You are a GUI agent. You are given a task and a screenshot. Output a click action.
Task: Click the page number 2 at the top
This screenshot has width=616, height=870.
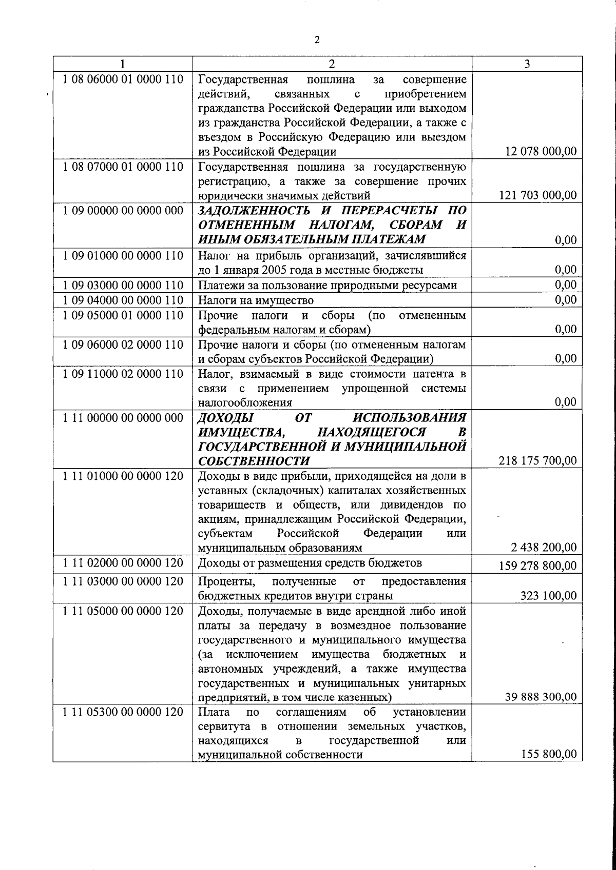(x=317, y=41)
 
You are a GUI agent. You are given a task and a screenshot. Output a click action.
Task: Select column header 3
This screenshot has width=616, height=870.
(x=527, y=64)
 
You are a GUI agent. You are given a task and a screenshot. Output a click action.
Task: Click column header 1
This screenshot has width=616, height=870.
(x=122, y=64)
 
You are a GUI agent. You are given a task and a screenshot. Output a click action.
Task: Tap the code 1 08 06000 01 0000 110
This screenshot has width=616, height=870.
(x=123, y=79)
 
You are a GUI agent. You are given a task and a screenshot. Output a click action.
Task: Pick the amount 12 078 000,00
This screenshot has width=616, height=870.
(x=541, y=152)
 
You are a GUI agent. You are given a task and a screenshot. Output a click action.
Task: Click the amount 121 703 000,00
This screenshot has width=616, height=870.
(x=537, y=195)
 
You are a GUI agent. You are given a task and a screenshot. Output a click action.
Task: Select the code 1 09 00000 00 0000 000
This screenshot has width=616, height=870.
(x=123, y=211)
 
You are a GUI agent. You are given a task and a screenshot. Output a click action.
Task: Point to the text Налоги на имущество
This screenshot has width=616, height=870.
(x=256, y=300)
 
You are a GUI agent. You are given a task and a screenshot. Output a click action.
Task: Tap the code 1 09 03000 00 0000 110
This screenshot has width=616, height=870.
(x=123, y=285)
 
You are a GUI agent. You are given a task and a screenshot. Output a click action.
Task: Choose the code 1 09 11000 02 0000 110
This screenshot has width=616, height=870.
(x=123, y=374)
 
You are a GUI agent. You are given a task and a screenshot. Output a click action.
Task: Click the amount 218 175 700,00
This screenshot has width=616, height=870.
(x=537, y=461)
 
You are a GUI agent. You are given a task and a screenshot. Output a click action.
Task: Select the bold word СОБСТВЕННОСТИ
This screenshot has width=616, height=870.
(x=254, y=460)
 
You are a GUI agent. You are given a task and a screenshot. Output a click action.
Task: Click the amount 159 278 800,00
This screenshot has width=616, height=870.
(x=537, y=566)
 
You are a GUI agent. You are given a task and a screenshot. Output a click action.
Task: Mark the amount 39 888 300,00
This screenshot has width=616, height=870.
(x=541, y=697)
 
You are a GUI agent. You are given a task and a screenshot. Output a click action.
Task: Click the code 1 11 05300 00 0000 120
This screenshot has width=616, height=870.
(x=123, y=712)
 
